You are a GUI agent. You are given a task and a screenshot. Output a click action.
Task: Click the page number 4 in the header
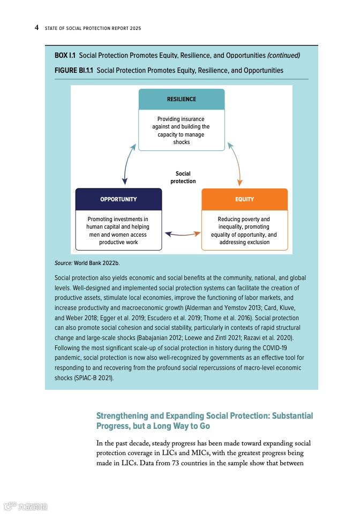[36, 27]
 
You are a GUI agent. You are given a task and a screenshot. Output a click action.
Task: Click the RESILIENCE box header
[181, 99]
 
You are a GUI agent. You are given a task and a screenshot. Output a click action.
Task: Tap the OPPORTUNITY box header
[118, 199]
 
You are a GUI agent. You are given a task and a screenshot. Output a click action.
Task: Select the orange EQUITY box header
[244, 199]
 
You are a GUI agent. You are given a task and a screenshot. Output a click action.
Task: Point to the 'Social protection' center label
[183, 177]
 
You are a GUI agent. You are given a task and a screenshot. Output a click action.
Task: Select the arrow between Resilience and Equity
[235, 163]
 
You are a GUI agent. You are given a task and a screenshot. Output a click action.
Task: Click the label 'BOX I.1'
[65, 55]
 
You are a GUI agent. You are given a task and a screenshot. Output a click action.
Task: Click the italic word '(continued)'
[283, 55]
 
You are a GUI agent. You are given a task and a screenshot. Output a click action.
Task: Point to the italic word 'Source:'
[63, 263]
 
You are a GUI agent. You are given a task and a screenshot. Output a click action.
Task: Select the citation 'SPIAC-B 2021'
[93, 377]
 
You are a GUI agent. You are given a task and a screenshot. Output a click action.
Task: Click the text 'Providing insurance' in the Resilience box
[181, 119]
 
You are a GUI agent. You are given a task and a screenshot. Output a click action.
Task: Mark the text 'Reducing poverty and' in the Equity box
[244, 219]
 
